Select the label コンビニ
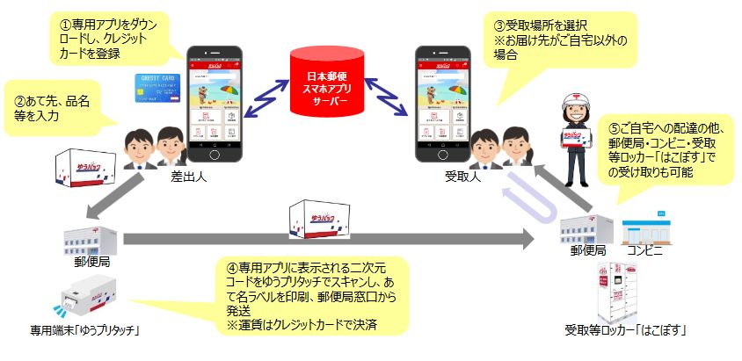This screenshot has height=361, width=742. point(647,252)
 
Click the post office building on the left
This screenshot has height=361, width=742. point(89,238)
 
